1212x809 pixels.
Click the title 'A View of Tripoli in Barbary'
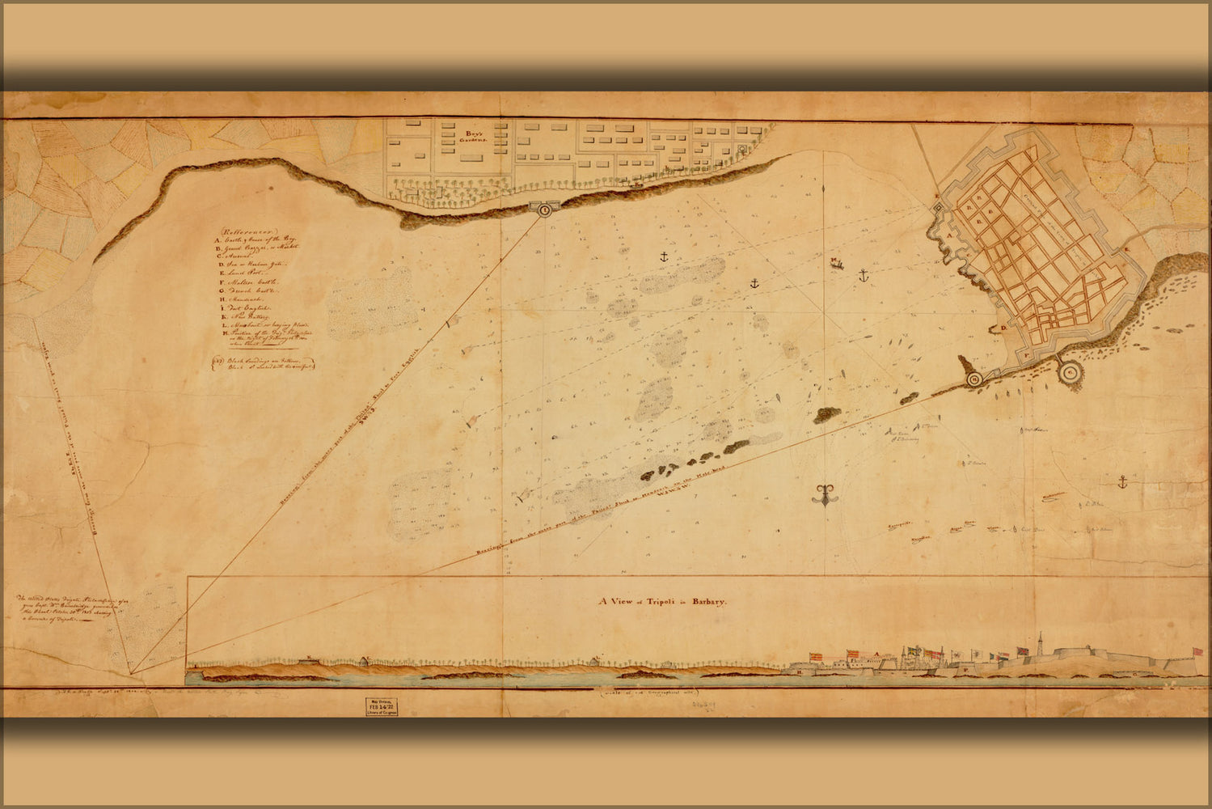(664, 602)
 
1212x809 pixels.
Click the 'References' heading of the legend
(247, 230)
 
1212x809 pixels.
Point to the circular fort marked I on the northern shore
(544, 210)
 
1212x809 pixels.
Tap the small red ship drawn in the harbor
(836, 262)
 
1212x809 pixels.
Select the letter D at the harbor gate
(1003, 327)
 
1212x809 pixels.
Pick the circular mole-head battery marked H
(974, 379)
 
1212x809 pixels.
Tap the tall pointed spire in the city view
(1041, 639)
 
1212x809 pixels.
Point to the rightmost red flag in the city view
(1191, 652)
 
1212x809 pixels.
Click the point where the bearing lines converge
(132, 671)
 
